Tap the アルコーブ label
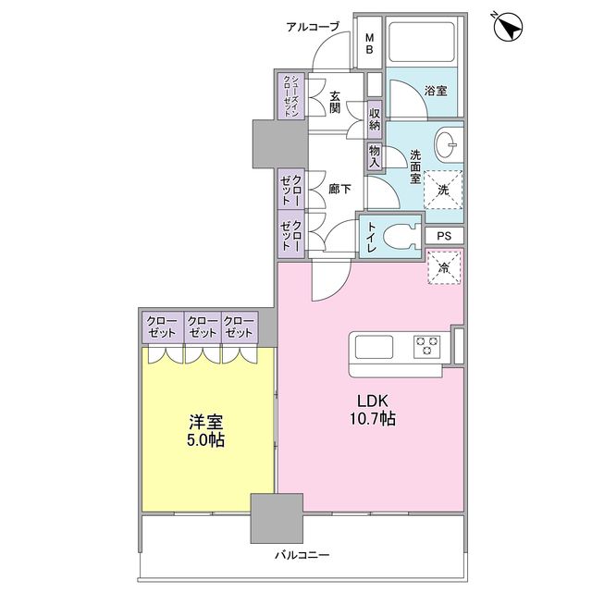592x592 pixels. click(x=313, y=27)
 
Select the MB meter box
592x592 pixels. click(x=368, y=43)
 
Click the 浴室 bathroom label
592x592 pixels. click(x=436, y=91)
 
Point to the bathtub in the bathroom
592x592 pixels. click(x=423, y=43)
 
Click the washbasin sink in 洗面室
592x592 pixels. click(x=448, y=144)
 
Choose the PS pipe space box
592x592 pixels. click(x=445, y=236)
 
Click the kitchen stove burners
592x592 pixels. click(x=427, y=347)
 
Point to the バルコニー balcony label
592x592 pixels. click(x=302, y=556)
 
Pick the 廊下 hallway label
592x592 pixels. click(x=339, y=189)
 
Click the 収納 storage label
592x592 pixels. click(x=375, y=118)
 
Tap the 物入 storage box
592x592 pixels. click(x=375, y=154)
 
